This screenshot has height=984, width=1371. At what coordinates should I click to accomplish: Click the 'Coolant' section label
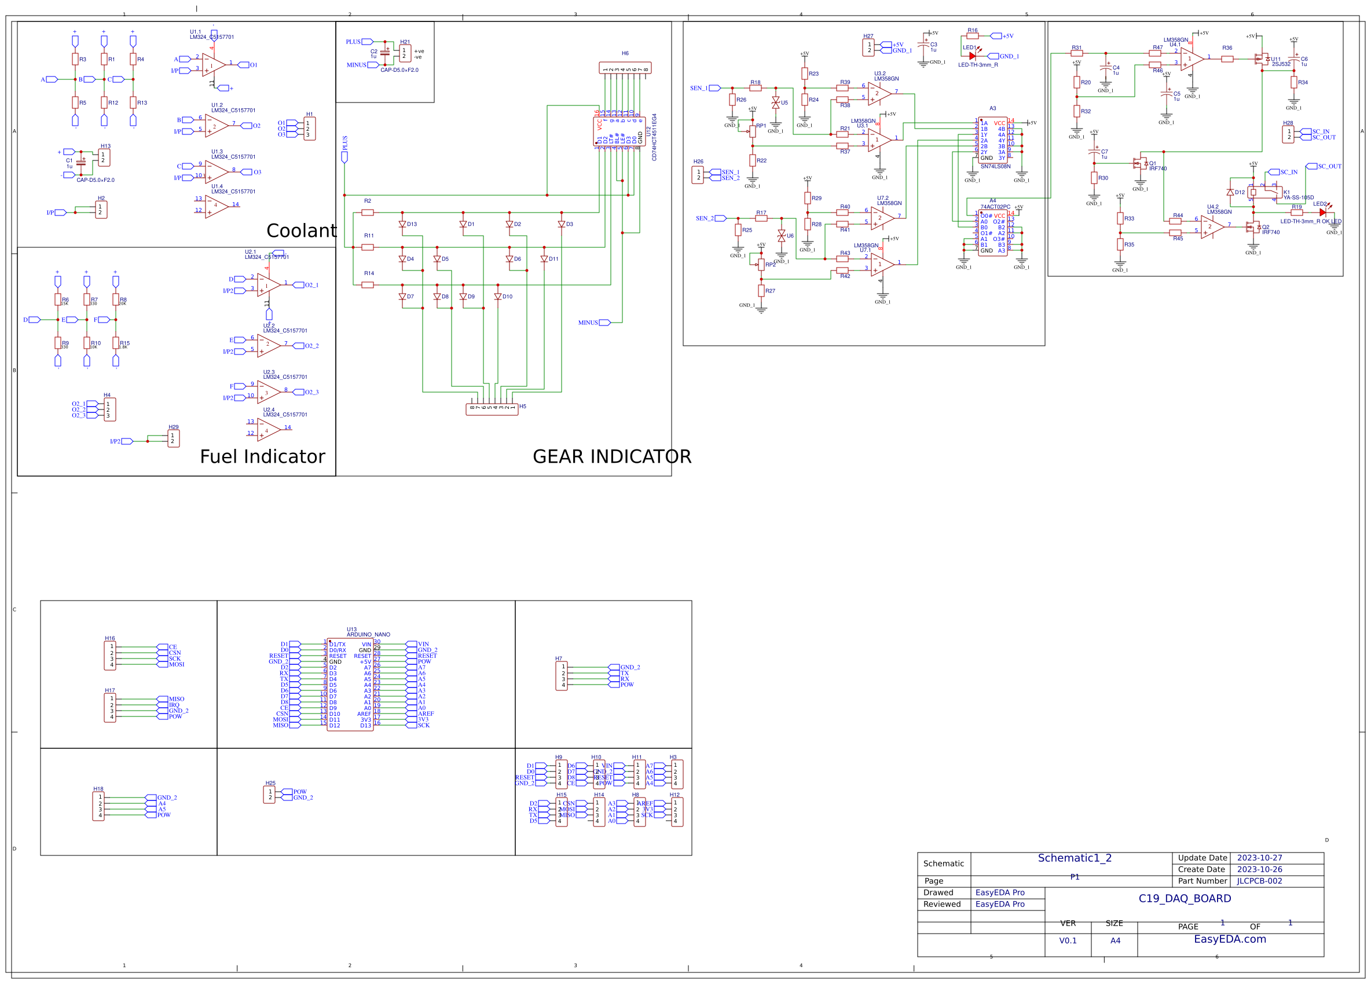[301, 231]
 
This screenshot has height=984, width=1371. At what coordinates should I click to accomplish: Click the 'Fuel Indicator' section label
[262, 456]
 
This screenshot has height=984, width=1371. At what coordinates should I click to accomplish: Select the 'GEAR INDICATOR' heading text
[611, 456]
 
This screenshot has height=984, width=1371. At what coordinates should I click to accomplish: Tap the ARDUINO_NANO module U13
[350, 685]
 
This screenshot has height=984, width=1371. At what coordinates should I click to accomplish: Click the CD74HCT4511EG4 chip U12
[619, 131]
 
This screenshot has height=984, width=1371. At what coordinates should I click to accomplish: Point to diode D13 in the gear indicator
[402, 224]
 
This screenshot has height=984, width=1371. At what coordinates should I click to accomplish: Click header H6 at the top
[625, 68]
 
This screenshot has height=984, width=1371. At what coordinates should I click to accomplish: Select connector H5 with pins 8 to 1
[492, 409]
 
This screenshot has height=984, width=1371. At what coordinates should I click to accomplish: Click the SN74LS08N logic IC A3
[992, 140]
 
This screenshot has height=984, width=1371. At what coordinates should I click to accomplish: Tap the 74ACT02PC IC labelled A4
[992, 233]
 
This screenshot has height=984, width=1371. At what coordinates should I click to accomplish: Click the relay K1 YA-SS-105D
[1265, 192]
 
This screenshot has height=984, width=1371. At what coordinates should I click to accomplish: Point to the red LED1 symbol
[972, 56]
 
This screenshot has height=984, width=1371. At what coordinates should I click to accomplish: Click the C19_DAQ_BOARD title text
[1184, 898]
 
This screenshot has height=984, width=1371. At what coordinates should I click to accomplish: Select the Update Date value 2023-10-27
[1259, 858]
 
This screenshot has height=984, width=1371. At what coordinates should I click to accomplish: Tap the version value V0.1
[1068, 941]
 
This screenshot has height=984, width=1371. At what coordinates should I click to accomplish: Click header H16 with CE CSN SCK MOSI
[110, 656]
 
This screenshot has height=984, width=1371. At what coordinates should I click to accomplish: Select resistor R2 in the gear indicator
[368, 213]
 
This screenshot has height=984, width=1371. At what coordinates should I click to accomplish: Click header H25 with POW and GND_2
[269, 794]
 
